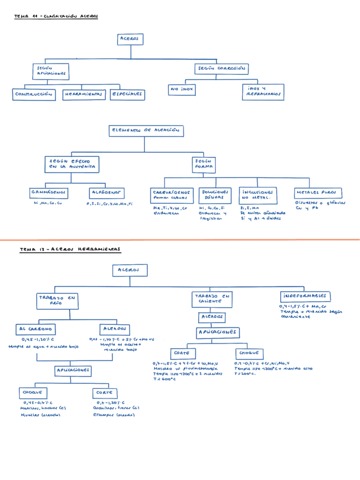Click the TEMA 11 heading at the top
click(x=56, y=16)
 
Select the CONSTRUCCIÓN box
click(x=33, y=95)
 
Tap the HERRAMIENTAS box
click(x=84, y=95)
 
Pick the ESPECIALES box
click(x=127, y=95)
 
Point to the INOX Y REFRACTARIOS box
click(x=260, y=92)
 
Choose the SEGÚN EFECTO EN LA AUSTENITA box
click(x=72, y=164)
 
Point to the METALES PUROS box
click(x=316, y=192)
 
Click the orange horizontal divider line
click(x=180, y=240)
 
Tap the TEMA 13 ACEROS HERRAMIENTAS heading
click(x=70, y=250)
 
